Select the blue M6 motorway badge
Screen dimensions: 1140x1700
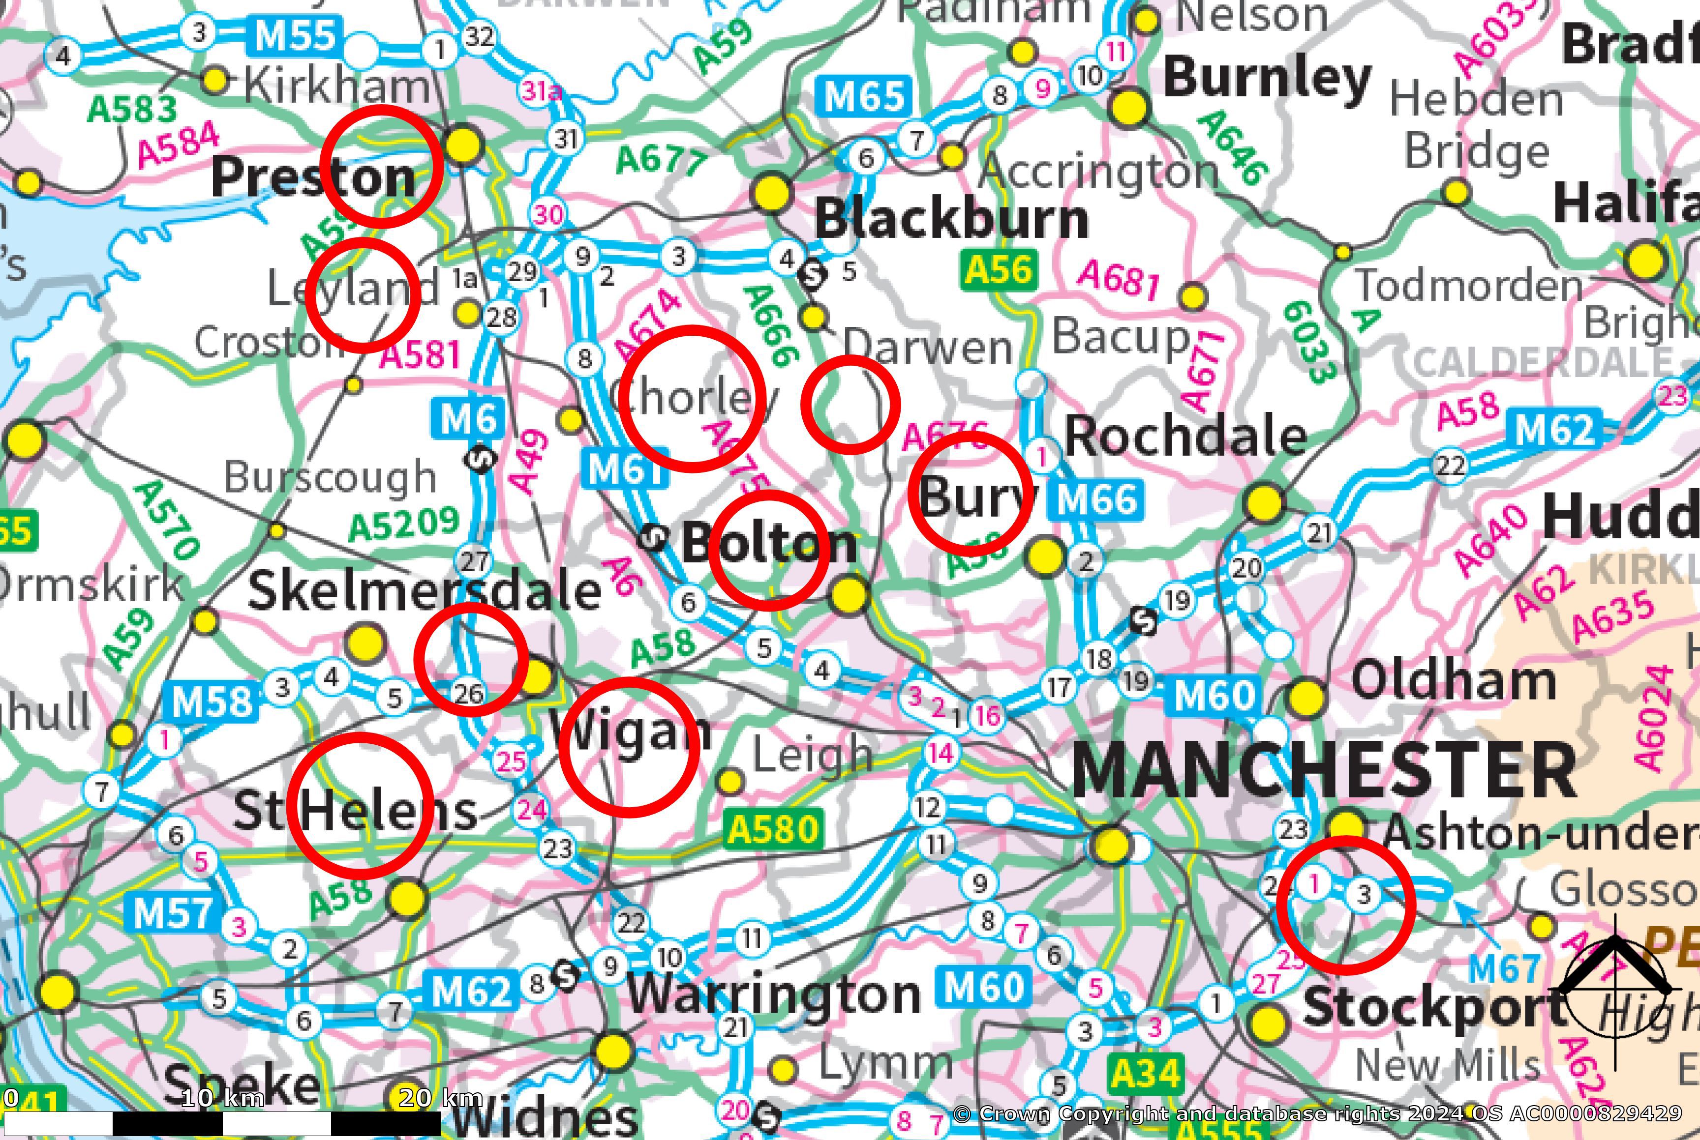pyautogui.click(x=468, y=419)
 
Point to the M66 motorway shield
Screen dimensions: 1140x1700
pyautogui.click(x=1096, y=499)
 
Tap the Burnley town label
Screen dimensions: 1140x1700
pyautogui.click(x=1267, y=79)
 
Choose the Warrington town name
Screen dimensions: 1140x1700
pyautogui.click(x=773, y=994)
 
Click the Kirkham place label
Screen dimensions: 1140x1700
pyautogui.click(x=337, y=86)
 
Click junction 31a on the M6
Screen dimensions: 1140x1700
pyautogui.click(x=542, y=91)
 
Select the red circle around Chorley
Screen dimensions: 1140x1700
pyautogui.click(x=693, y=398)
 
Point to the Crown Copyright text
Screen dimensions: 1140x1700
pyautogui.click(x=1317, y=1113)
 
